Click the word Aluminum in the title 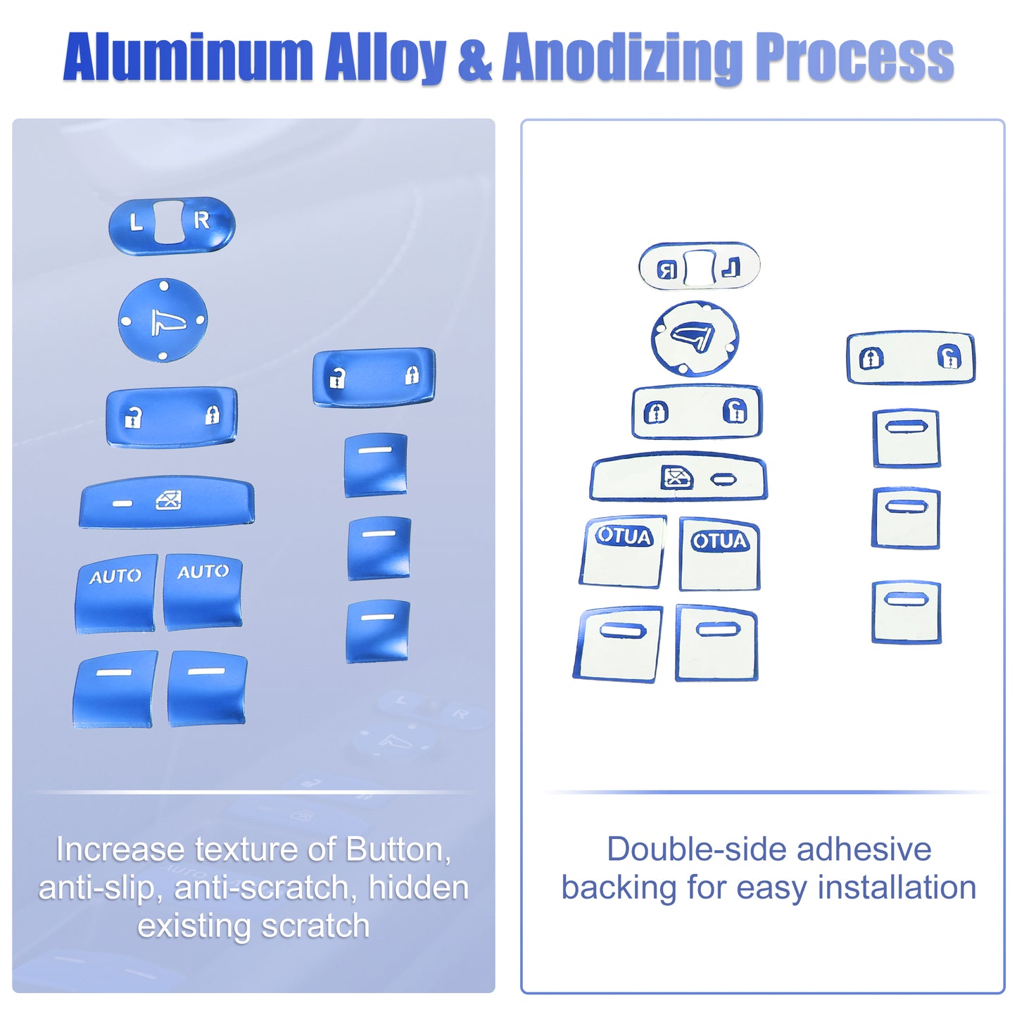(189, 56)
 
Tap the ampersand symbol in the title (474, 58)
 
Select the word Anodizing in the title (625, 56)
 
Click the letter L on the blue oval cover (136, 222)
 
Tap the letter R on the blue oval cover (201, 220)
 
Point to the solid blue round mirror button (163, 320)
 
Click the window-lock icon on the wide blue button (169, 500)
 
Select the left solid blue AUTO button (116, 593)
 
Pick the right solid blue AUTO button (203, 592)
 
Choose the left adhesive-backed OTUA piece (623, 552)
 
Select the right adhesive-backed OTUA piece (719, 554)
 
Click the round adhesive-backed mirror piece (695, 339)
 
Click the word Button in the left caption (398, 849)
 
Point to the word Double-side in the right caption (697, 849)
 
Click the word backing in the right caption (619, 889)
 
